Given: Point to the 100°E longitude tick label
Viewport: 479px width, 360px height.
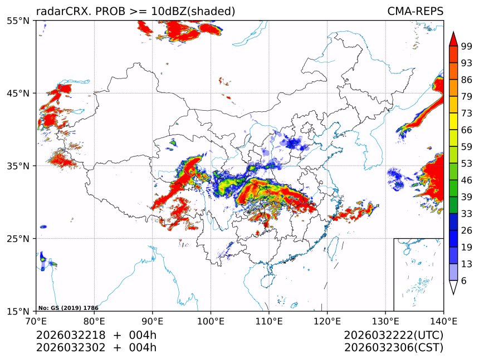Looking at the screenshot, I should [211, 321].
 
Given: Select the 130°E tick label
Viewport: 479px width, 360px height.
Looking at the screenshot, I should [385, 321].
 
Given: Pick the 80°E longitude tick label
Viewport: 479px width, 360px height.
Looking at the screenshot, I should [94, 321].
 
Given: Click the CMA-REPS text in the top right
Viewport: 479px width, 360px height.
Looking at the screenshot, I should [415, 12].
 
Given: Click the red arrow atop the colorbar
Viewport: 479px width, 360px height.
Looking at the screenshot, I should [453, 39].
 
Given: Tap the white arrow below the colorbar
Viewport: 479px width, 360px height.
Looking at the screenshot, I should [453, 287].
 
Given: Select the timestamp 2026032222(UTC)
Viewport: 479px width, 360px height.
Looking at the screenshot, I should [393, 336].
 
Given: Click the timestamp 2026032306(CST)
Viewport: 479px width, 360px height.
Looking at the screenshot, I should [393, 348].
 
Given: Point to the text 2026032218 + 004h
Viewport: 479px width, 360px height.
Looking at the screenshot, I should [96, 336].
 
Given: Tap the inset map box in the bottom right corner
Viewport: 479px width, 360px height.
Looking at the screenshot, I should [418, 274].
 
